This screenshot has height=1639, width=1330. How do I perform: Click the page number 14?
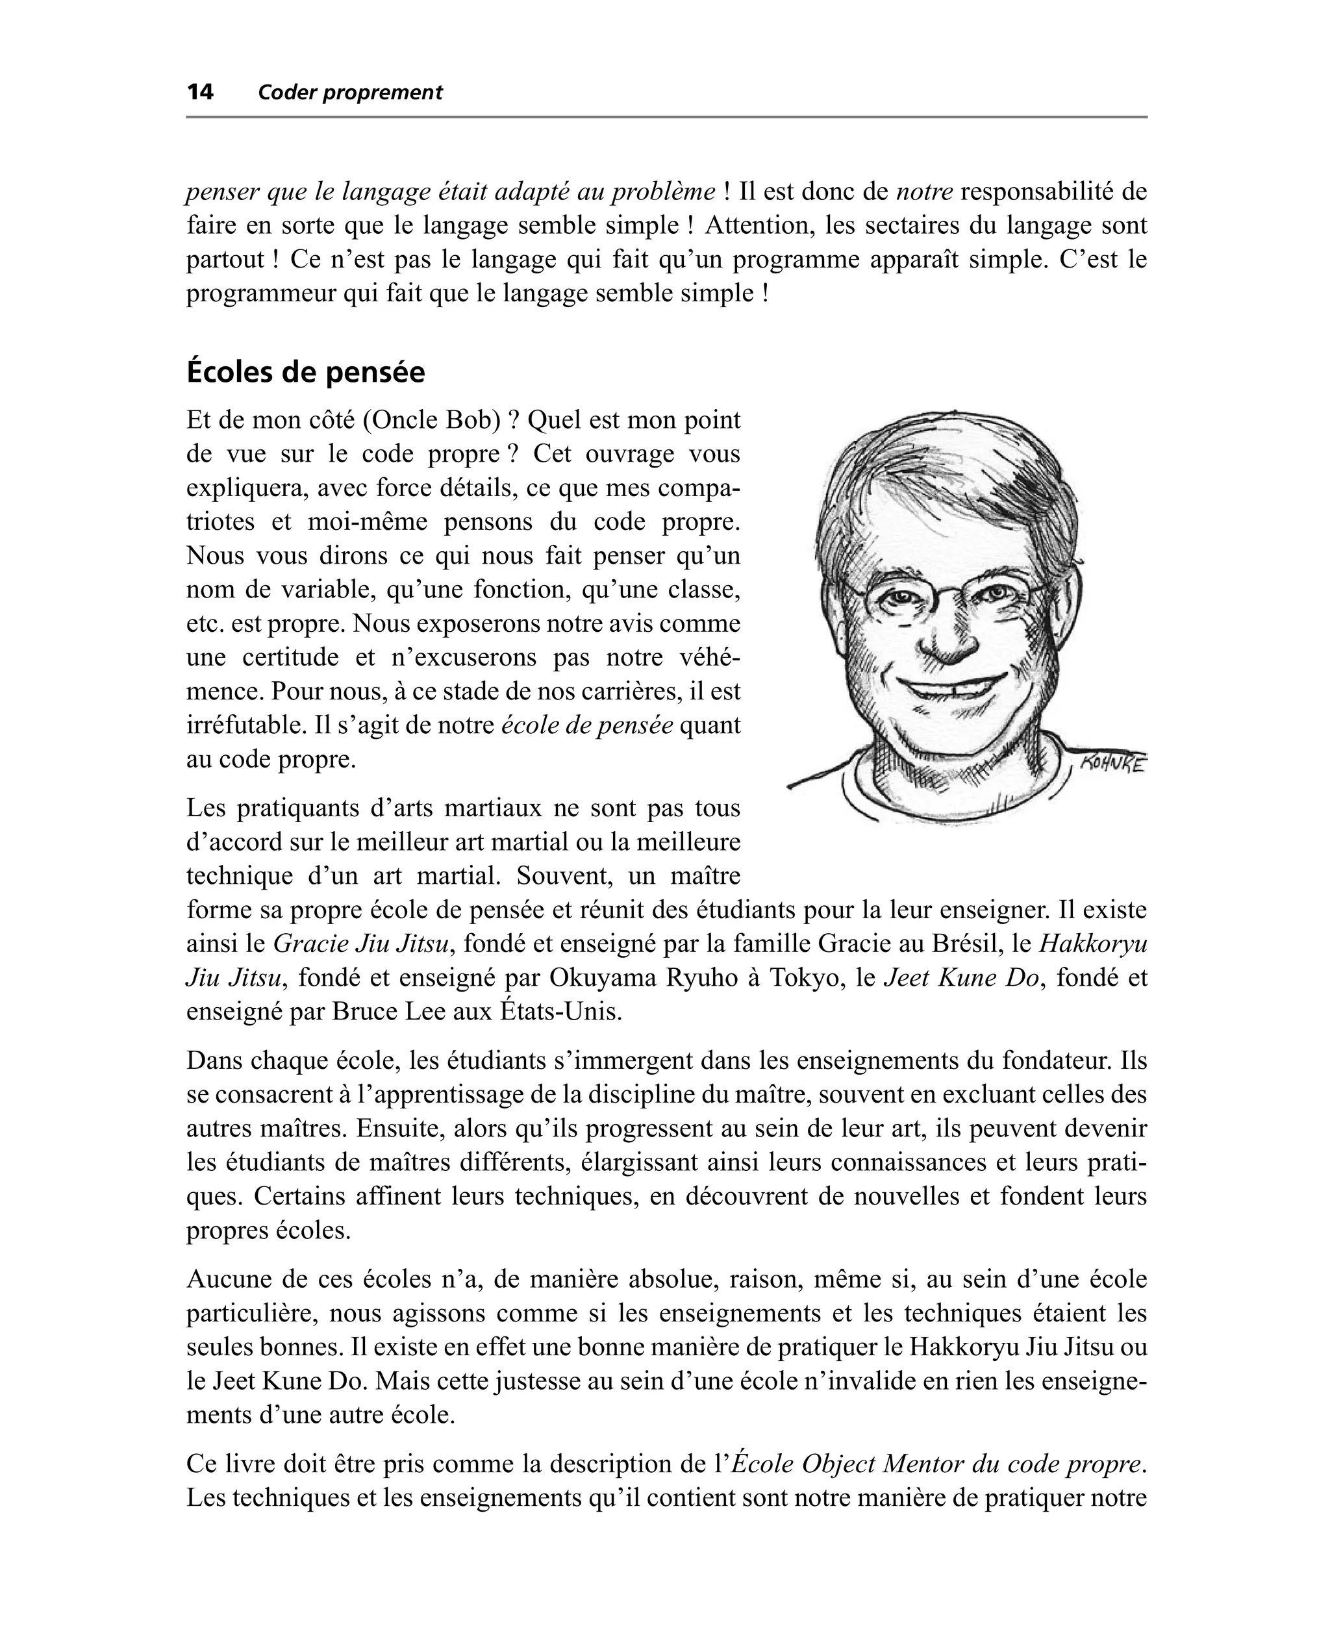200,93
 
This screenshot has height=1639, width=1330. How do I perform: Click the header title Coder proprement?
350,93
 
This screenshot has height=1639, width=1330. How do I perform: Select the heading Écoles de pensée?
306,373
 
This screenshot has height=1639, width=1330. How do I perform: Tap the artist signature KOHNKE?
1112,764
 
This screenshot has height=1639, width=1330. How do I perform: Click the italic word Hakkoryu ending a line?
1092,944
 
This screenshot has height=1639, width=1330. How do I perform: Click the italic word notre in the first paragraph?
924,192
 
